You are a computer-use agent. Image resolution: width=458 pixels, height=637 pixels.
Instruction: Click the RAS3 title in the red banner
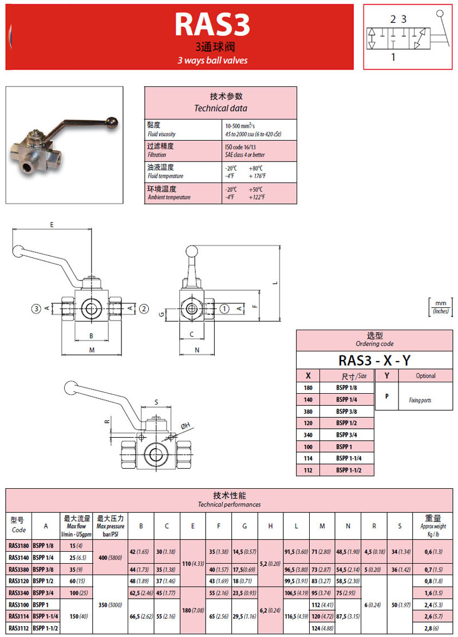pos(212,25)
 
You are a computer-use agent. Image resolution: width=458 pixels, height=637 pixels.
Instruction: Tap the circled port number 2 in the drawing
pos(144,308)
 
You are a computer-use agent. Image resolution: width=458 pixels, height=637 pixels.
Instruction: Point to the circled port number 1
pos(225,308)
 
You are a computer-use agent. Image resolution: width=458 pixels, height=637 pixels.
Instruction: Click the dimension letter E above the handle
pos(52,225)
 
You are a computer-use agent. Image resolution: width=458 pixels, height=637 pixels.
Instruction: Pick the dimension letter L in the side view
pos(275,283)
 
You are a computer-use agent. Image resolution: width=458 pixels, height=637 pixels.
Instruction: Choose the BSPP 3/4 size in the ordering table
pos(346,434)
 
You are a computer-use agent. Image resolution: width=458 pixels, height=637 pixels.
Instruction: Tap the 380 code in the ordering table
pos(308,411)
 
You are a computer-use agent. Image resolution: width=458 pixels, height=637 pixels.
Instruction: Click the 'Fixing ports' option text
pos(420,400)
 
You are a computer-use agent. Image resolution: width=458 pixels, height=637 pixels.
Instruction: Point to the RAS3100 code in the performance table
pos(19,604)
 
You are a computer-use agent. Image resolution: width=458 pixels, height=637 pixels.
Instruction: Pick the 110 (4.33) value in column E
pos(192,564)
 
